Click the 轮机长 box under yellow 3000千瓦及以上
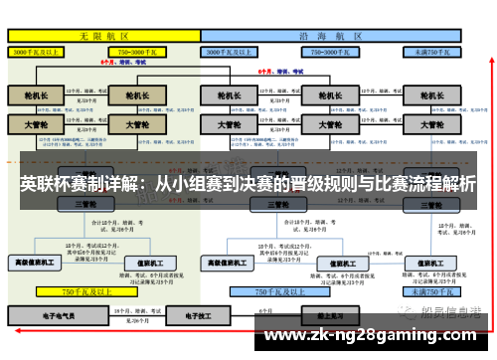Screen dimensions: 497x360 pyautogui.click(x=36, y=95)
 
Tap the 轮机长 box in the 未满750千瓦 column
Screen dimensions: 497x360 pyautogui.click(x=430, y=95)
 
